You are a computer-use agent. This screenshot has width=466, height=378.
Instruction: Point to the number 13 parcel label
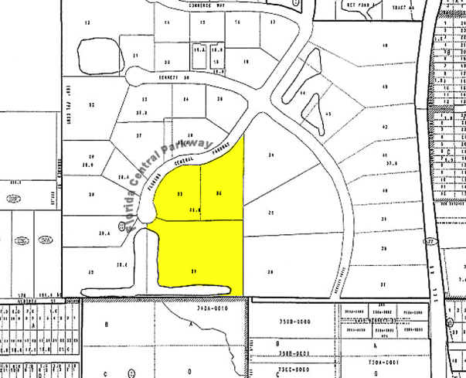[x=87, y=23]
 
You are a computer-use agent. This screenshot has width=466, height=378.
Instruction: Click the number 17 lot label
[x=272, y=22]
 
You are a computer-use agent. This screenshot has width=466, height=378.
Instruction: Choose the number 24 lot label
[x=185, y=100]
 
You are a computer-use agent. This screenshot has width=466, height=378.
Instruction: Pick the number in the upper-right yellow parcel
[x=219, y=192]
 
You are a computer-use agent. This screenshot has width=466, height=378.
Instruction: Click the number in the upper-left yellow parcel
[x=180, y=192]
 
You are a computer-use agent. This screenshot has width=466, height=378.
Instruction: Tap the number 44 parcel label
[x=302, y=93]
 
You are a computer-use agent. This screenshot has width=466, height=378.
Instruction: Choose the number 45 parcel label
[x=328, y=114]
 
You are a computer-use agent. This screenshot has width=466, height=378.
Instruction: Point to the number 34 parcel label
[x=270, y=156]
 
